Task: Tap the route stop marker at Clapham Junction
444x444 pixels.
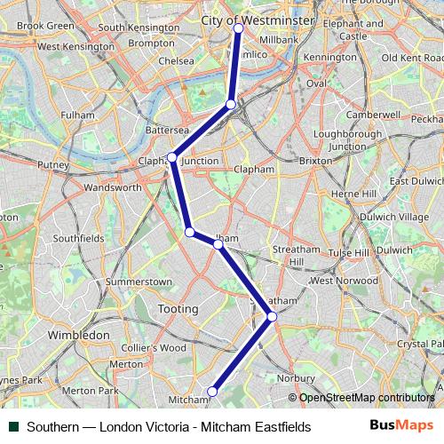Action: click(172, 158)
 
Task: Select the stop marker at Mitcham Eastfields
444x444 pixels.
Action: click(212, 392)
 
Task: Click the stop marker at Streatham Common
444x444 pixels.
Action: click(272, 317)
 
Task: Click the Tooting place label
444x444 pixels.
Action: click(178, 308)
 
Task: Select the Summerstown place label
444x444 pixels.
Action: click(139, 281)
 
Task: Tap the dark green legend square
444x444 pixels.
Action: click(12, 427)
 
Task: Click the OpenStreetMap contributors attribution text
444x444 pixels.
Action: click(367, 397)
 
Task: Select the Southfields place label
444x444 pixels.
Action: click(79, 238)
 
